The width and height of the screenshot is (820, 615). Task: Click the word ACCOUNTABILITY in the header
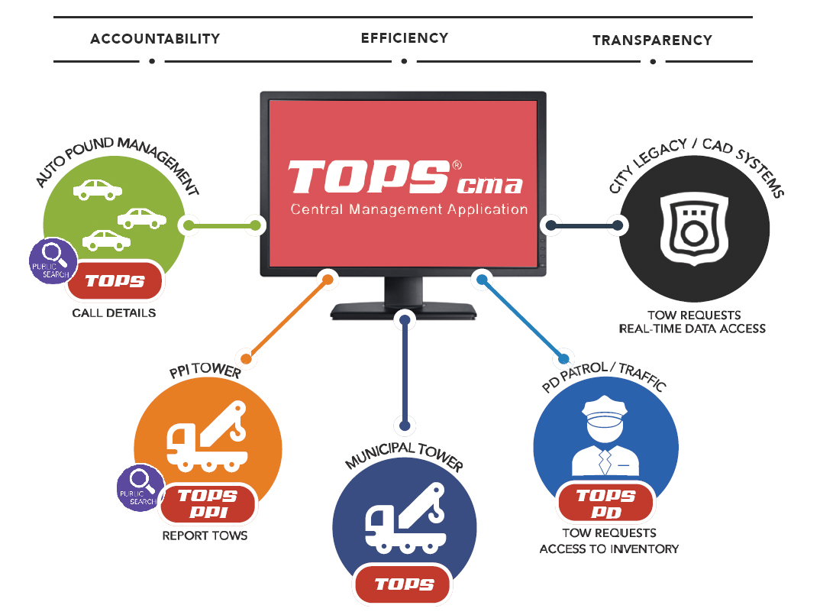pos(155,38)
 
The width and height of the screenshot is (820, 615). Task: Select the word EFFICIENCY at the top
pos(404,37)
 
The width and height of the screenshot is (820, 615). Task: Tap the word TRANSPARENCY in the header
pos(652,40)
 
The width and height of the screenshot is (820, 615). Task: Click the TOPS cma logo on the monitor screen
pos(405,178)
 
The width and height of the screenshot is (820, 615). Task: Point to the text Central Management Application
pos(408,209)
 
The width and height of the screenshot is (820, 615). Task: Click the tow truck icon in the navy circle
pos(405,519)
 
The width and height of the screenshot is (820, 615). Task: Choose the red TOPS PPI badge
pos(207,503)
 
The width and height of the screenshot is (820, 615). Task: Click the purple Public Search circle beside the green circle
pos(53,261)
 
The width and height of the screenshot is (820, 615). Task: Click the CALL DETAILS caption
pos(114,312)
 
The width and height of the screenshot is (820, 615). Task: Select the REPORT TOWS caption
pos(205,536)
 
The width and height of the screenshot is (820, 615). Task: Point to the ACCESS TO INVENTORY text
pos(609,549)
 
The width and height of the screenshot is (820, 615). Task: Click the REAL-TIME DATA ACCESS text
pos(693,329)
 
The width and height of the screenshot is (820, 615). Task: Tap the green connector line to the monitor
pos(221,225)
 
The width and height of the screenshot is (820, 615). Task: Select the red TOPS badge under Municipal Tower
pos(405,584)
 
